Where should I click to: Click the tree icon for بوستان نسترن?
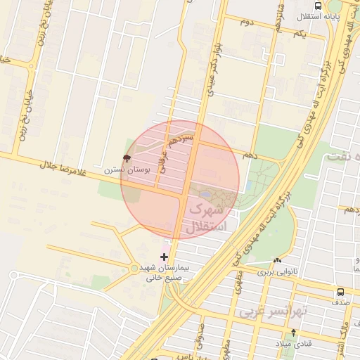pyautogui.click(x=127, y=158)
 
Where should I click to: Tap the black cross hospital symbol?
pyautogui.click(x=165, y=257)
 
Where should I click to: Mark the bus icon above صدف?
pyautogui.click(x=340, y=291)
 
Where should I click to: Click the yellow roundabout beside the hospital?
pyautogui.click(x=134, y=268)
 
